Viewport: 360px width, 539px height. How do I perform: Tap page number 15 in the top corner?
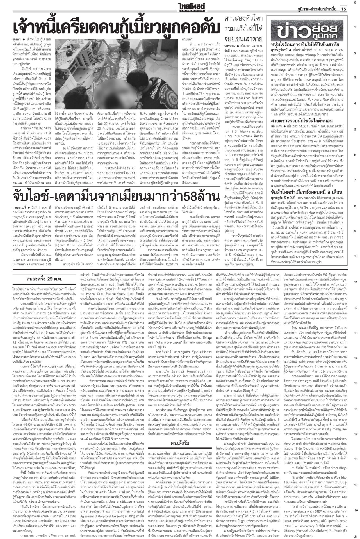pos(343,9)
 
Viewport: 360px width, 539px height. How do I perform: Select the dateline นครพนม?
pos(232,45)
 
